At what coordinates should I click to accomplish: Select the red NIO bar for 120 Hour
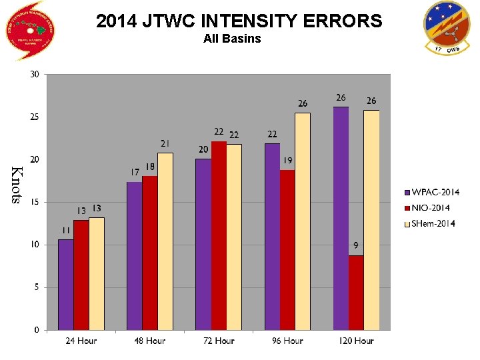356,293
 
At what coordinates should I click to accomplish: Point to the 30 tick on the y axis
34,74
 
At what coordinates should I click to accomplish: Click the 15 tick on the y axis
34,202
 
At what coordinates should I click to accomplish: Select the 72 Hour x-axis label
219,341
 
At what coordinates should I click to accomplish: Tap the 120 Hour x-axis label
356,341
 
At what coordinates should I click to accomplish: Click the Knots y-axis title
18,185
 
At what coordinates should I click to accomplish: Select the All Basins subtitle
232,39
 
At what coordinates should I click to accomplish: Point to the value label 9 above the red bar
357,245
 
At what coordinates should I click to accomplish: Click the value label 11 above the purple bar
66,230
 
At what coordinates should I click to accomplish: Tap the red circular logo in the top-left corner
29,29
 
